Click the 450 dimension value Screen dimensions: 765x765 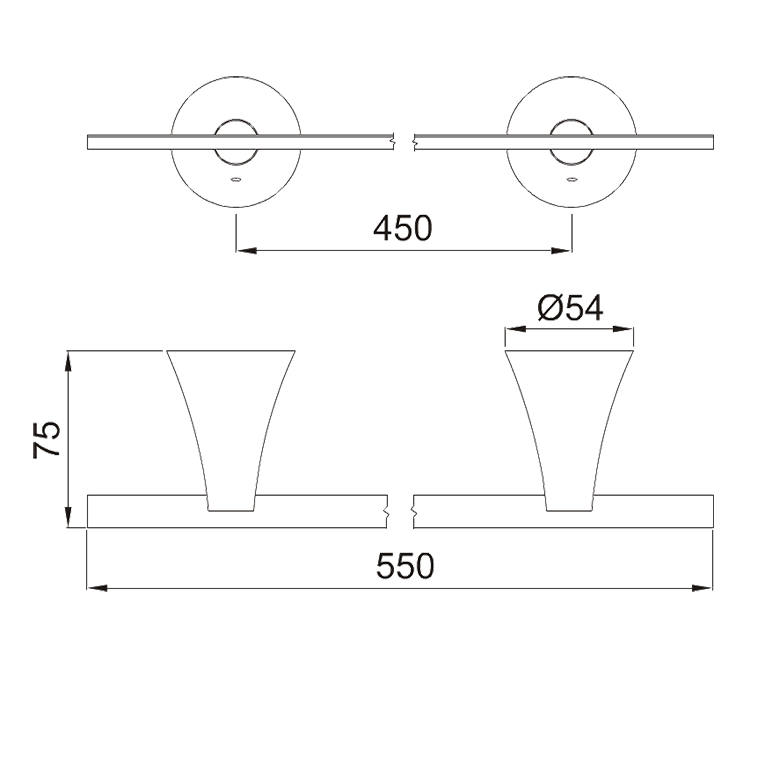[403, 228]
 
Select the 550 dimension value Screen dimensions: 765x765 [405, 566]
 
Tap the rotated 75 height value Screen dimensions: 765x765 [47, 439]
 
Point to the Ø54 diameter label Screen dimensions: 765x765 [570, 308]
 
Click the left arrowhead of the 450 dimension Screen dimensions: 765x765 [246, 251]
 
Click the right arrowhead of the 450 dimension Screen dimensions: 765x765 [562, 251]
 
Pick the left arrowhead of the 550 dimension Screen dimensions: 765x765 [97, 588]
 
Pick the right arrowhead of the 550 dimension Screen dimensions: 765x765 [703, 588]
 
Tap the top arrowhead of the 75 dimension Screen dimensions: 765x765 [68, 361]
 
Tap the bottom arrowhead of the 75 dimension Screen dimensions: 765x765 [68, 517]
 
